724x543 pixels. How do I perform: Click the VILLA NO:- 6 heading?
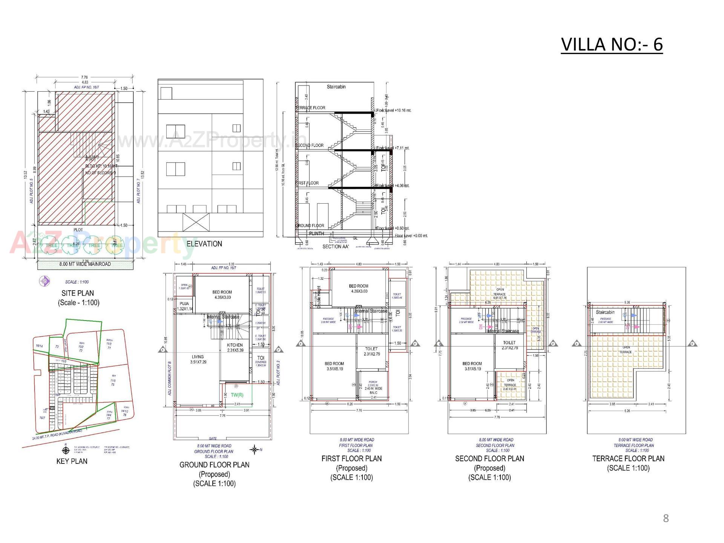point(611,44)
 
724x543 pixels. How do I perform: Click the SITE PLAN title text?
point(78,293)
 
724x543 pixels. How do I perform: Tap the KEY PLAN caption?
point(72,461)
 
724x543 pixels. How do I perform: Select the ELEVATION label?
point(204,244)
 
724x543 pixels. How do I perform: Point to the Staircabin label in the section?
point(336,87)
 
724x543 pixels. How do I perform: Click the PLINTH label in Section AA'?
point(316,233)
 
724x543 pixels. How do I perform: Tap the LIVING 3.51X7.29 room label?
point(198,359)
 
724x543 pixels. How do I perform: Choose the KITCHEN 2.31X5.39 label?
point(235,348)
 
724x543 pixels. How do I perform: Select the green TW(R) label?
point(237,395)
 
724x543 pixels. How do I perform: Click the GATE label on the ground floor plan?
point(213,439)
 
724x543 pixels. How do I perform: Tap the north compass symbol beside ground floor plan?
point(255,449)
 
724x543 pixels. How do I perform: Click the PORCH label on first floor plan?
point(373,382)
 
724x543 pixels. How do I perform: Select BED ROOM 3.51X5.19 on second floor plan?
point(472,366)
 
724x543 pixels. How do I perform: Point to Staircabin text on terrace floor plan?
point(605,312)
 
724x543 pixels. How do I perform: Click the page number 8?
point(666,518)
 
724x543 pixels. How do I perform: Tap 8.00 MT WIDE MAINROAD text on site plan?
point(85,264)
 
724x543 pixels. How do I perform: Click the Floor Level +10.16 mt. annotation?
point(394,110)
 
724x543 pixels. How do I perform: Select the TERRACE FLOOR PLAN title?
point(628,459)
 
